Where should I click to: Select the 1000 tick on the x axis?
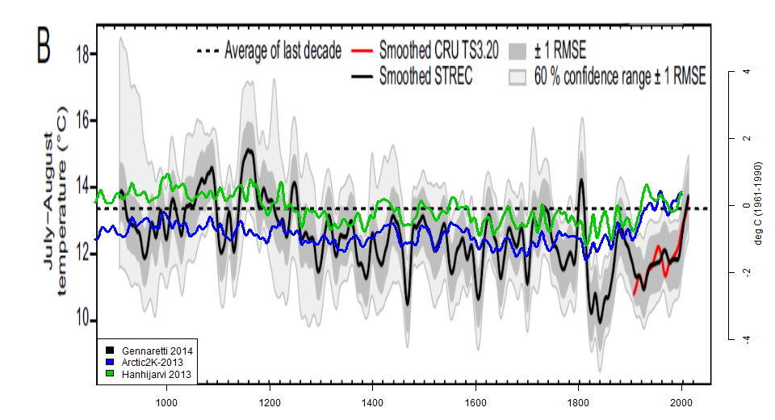click(166, 401)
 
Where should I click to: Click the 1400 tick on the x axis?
click(372, 401)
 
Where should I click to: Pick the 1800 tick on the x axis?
click(579, 401)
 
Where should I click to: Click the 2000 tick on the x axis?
click(681, 401)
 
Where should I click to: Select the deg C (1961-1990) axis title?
click(758, 205)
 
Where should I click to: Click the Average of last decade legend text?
click(283, 52)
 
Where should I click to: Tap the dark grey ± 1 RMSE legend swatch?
click(518, 53)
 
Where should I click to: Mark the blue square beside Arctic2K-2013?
click(110, 363)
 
